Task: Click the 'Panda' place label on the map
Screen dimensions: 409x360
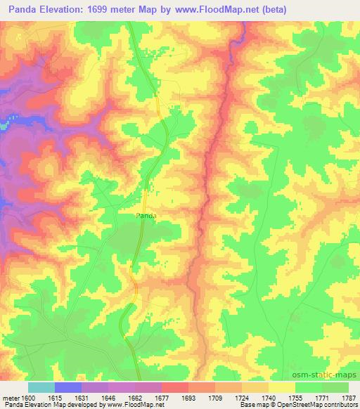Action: [x=146, y=216]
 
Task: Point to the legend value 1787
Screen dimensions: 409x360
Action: [x=349, y=398]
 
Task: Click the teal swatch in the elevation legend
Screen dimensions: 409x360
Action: [x=41, y=387]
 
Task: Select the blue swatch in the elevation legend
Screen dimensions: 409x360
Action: [x=68, y=387]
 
